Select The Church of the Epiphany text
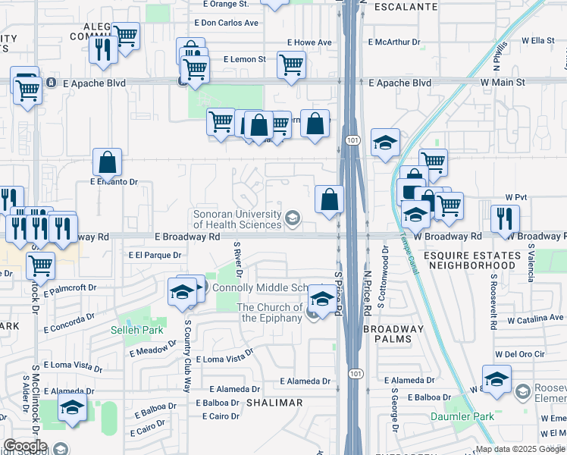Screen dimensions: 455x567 point(269,312)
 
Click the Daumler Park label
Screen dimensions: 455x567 point(462,416)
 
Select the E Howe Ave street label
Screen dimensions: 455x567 point(309,42)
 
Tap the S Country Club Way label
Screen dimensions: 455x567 point(187,354)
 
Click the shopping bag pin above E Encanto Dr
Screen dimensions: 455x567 point(108,162)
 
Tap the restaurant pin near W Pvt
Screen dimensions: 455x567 point(505,219)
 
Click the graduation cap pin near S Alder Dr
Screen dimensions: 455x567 point(73,407)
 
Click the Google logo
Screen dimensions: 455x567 point(25,446)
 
